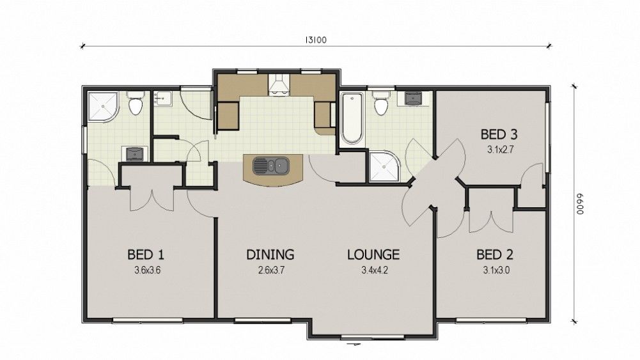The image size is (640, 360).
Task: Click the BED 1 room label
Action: point(146,254)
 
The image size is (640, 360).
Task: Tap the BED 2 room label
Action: point(495,254)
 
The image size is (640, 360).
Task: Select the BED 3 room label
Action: point(499,134)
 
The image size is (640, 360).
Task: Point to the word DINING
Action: point(270,254)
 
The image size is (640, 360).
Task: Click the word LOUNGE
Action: point(373,254)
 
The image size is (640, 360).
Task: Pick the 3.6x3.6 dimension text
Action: point(147,270)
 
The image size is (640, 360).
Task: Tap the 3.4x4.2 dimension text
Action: point(374,270)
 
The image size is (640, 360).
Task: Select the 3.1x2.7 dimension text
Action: point(500,150)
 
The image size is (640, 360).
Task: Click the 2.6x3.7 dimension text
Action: point(271,270)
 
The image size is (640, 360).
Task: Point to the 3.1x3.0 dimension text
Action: point(496,270)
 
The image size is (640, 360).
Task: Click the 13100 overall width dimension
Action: point(316,40)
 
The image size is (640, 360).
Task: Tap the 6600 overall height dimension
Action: point(580,204)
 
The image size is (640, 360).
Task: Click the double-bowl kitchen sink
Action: point(270,166)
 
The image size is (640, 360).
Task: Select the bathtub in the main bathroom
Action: point(352,119)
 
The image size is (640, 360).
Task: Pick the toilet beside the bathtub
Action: point(381,104)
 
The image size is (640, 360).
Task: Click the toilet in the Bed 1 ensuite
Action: point(135,103)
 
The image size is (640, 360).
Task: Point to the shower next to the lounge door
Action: point(384,166)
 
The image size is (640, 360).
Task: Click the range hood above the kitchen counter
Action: point(278,85)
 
